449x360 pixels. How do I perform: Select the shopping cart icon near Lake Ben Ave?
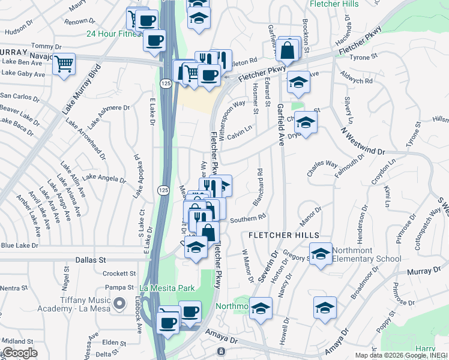64,63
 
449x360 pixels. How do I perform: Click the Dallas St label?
91,260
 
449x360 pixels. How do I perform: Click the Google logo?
19,353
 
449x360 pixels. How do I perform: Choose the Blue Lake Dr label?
19,245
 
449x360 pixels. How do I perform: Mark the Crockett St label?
115,273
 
